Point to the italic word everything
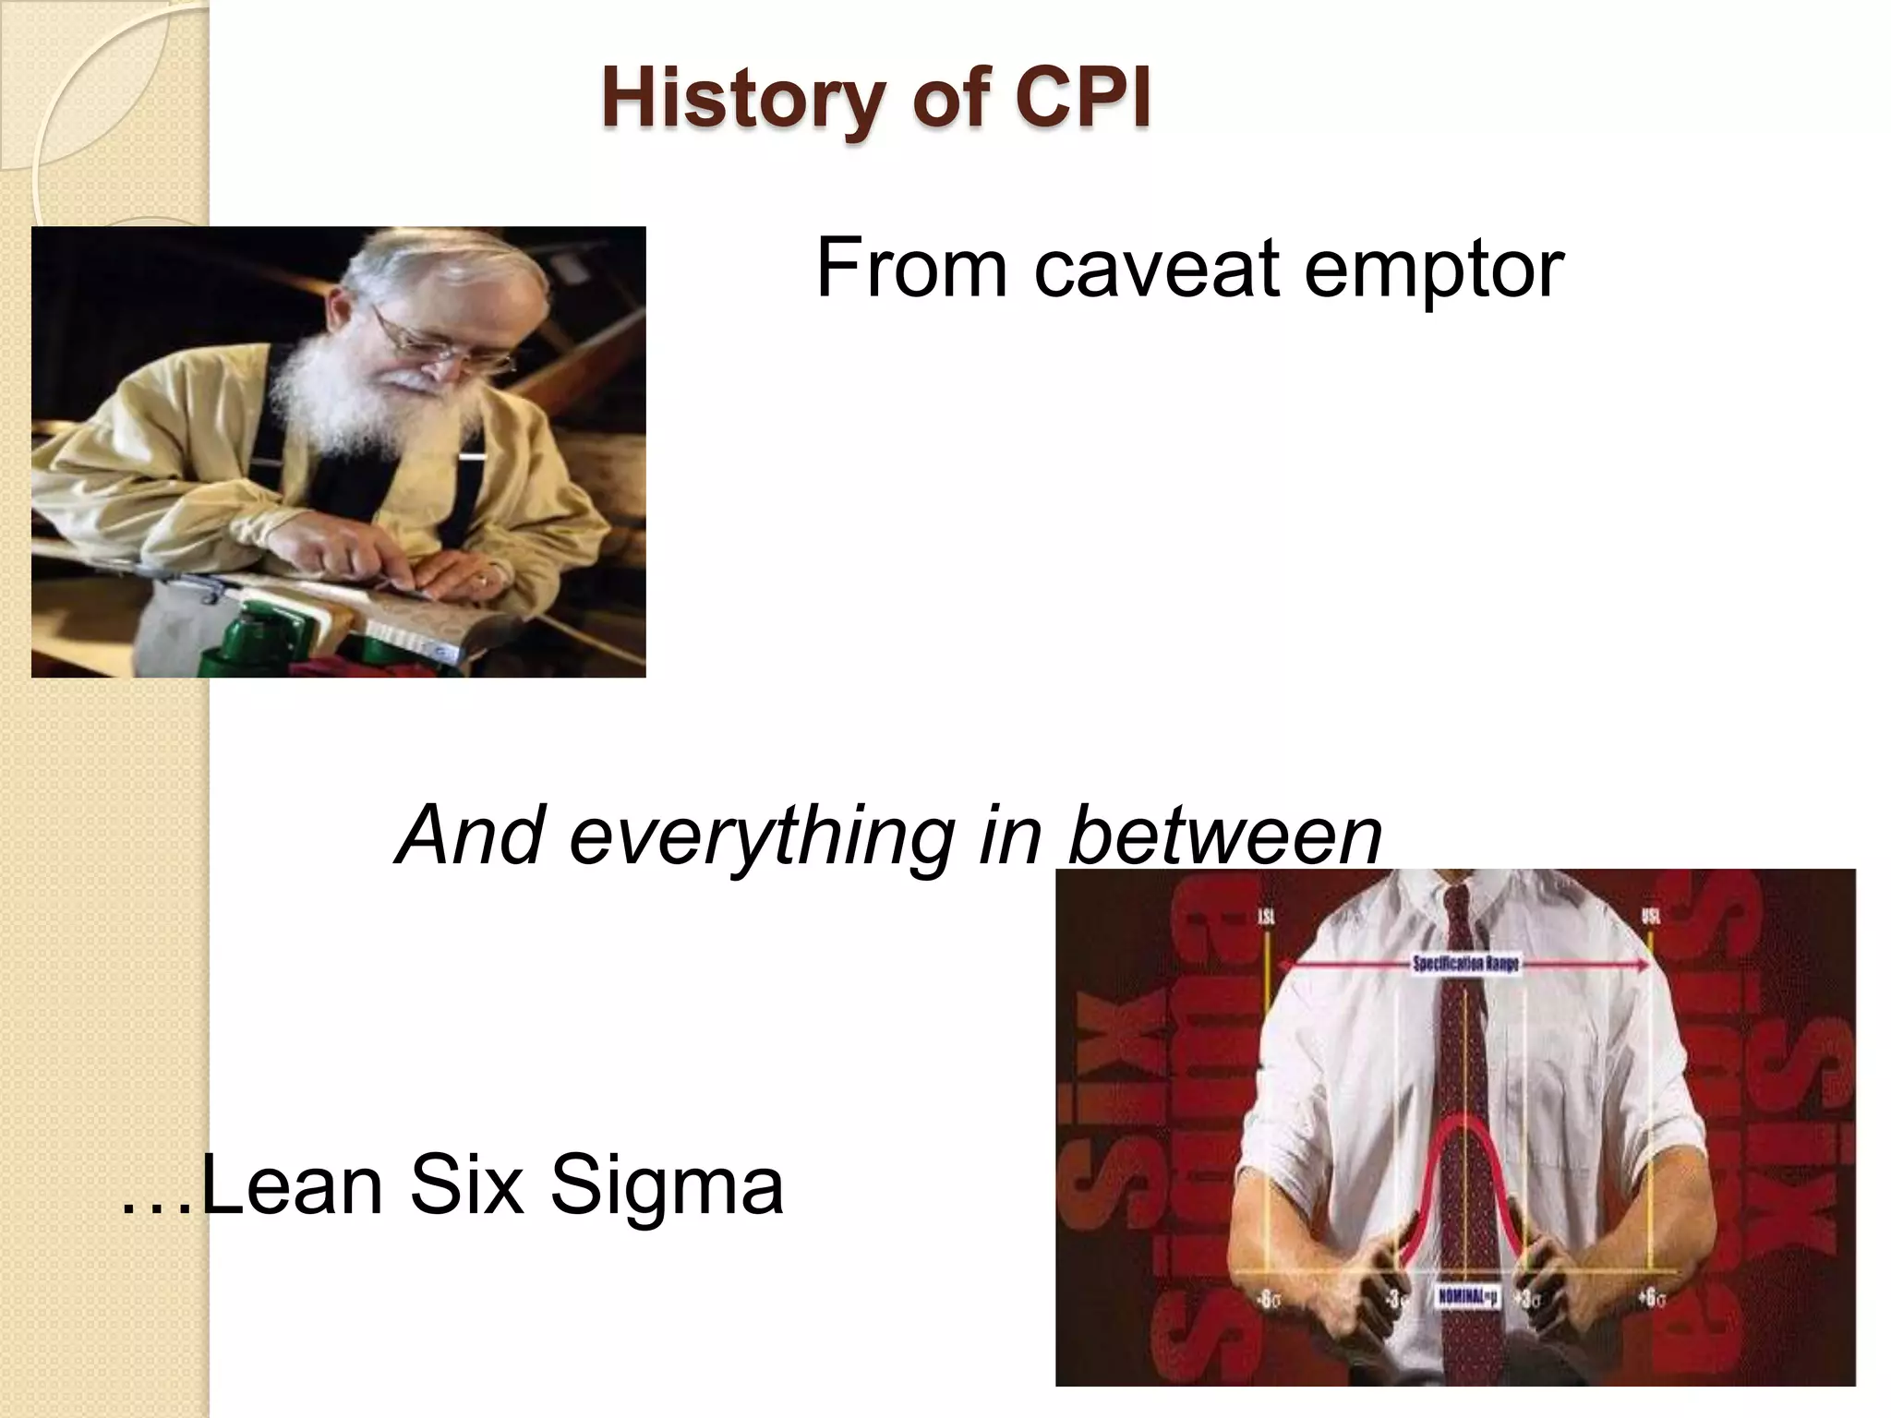pyautogui.click(x=763, y=835)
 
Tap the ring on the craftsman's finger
pyautogui.click(x=481, y=582)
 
